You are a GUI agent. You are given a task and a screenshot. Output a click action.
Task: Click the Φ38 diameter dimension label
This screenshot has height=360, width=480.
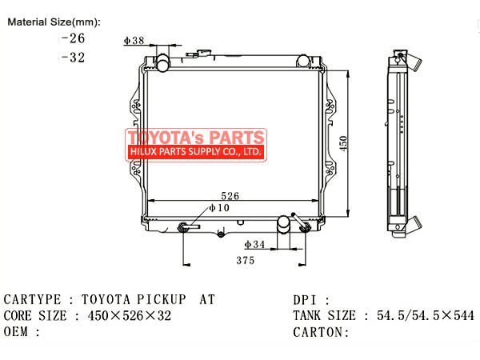[134, 41]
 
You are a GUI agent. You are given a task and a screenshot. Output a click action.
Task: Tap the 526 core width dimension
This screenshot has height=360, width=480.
[230, 196]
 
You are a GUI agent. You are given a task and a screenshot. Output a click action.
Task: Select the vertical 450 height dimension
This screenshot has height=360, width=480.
[343, 143]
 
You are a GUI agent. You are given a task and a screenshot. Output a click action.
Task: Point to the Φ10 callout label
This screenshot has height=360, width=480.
[219, 208]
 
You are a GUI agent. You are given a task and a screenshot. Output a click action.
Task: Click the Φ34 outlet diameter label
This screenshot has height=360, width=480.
[254, 244]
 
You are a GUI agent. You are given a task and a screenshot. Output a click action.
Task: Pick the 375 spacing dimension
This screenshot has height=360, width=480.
[246, 261]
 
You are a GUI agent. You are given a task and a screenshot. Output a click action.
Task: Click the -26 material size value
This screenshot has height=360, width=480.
[73, 38]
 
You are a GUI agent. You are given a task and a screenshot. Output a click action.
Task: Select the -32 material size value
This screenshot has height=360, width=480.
[73, 58]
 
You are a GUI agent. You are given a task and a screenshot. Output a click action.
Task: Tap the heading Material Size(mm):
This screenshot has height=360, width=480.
[54, 22]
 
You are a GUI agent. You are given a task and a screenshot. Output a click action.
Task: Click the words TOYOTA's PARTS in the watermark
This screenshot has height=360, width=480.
[196, 137]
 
